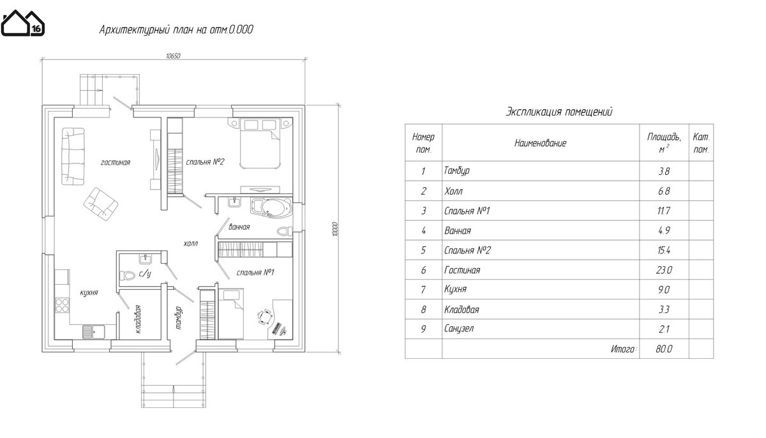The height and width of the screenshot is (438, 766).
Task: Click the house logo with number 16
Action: (22, 23)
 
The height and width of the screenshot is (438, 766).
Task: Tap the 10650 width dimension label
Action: (173, 56)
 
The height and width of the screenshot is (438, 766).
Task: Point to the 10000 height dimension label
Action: (334, 229)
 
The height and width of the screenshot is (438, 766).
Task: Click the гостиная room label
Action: (116, 162)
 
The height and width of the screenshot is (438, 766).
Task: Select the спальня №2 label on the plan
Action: (205, 162)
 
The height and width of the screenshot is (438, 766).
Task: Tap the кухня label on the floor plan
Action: (89, 292)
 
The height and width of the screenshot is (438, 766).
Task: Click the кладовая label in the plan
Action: (137, 319)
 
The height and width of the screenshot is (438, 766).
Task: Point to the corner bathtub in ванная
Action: (271, 208)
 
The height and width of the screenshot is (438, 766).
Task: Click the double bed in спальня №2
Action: (260, 143)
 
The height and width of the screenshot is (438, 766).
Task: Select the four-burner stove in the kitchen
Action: (63, 305)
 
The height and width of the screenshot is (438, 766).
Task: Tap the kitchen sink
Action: (94, 331)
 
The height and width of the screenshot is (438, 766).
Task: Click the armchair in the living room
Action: (101, 204)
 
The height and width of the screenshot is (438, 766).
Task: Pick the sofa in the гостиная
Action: (73, 156)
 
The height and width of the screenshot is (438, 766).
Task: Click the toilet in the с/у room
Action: (127, 275)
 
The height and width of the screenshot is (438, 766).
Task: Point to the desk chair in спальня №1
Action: (264, 317)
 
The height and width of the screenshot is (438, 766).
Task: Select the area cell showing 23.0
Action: (664, 270)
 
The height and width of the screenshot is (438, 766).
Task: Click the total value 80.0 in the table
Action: (664, 349)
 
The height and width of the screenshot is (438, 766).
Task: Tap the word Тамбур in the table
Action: (457, 170)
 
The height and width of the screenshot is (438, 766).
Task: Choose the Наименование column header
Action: (540, 143)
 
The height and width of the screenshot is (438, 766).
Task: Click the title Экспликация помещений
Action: (559, 112)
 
